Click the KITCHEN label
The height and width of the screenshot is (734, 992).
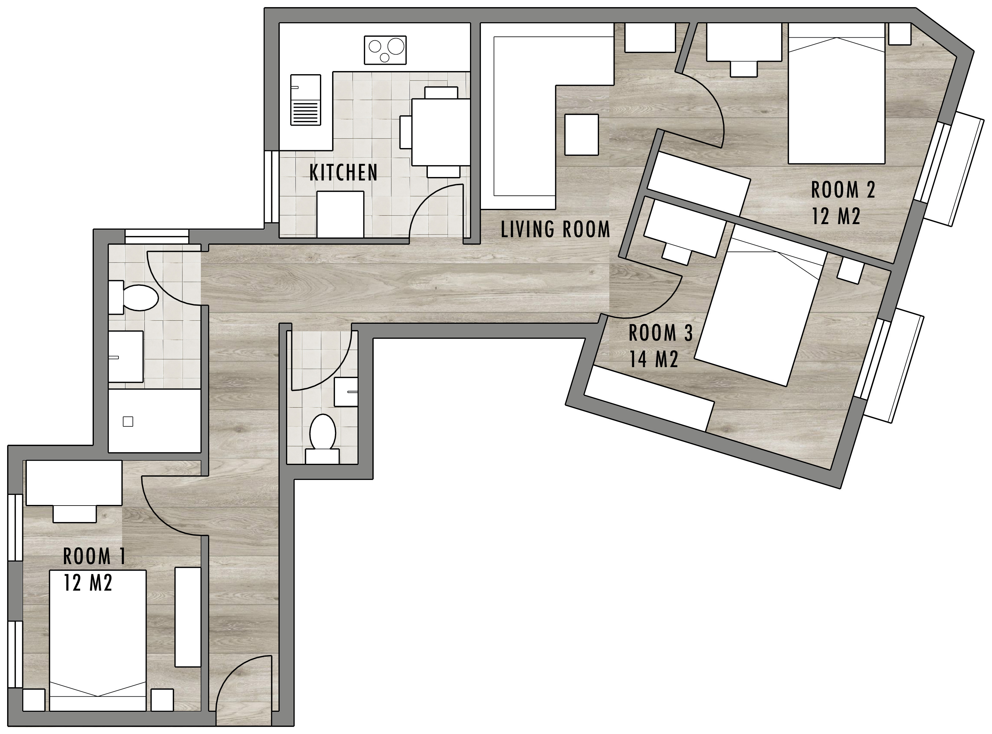[x=343, y=173]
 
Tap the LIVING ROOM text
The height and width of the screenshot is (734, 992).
[x=555, y=230]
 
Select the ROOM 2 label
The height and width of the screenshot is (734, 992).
[x=843, y=190]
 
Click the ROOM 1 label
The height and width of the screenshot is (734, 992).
[x=94, y=556]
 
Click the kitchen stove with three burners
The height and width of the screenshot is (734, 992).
[x=385, y=50]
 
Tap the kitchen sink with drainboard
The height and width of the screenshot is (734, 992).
[x=305, y=100]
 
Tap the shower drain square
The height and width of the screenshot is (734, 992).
[x=128, y=421]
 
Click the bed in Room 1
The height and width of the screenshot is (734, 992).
[x=98, y=640]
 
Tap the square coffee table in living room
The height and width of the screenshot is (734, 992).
[x=581, y=134]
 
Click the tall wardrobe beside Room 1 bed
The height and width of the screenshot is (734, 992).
[x=187, y=617]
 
